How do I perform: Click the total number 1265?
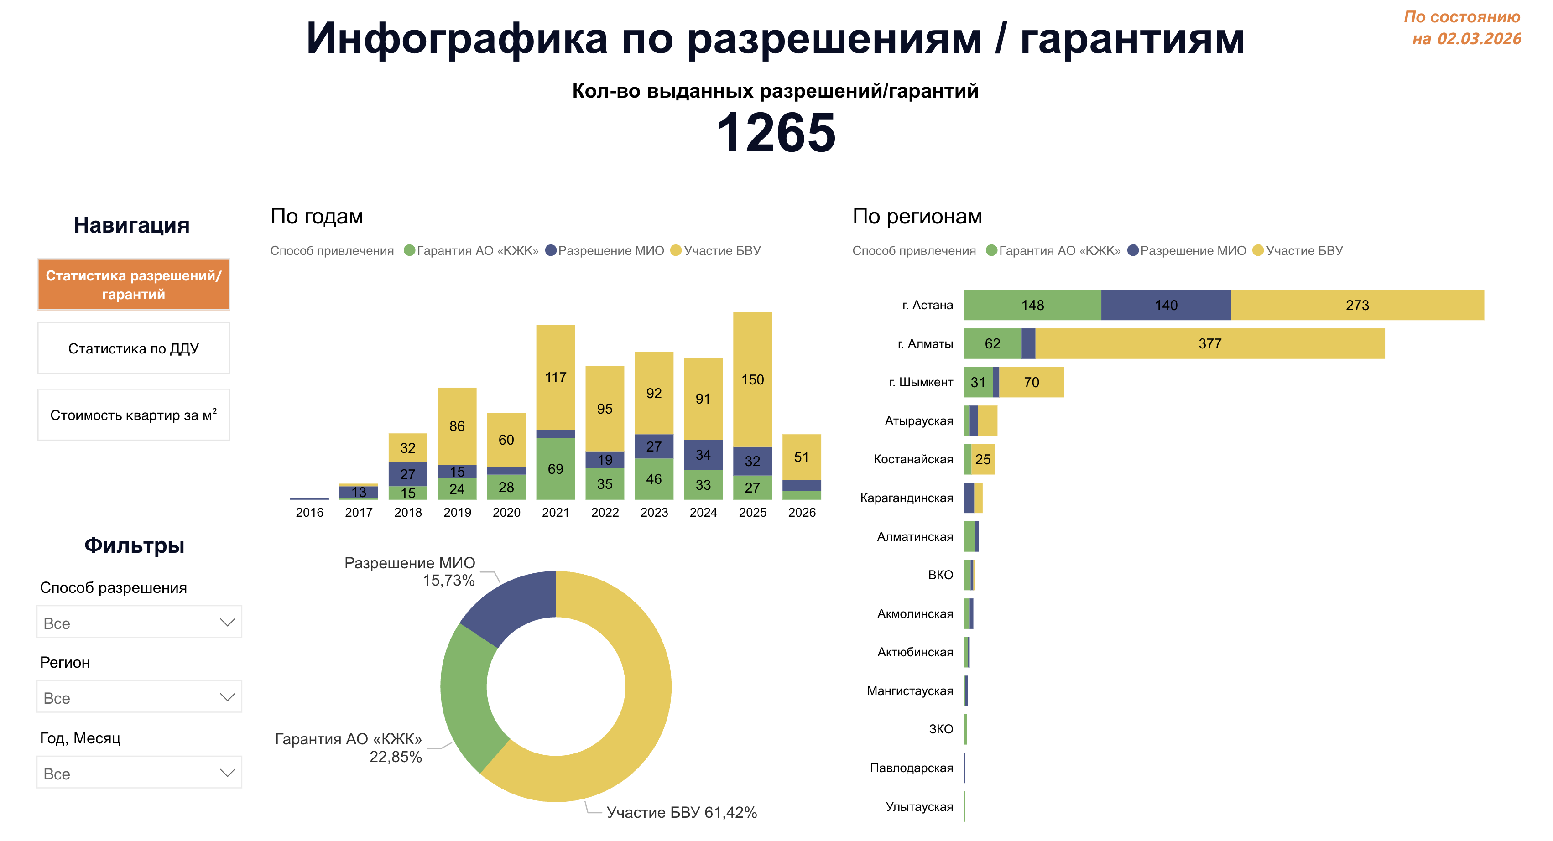point(776,133)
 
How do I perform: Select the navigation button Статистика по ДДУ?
point(133,348)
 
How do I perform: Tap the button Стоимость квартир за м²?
point(133,415)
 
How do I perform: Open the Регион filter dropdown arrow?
point(227,697)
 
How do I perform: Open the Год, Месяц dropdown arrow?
point(227,773)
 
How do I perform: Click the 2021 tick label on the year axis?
point(555,513)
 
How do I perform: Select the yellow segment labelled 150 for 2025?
point(752,380)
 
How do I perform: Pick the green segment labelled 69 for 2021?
point(555,469)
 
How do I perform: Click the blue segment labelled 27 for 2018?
point(408,474)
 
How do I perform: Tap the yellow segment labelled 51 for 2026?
point(801,457)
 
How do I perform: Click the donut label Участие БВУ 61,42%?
point(681,812)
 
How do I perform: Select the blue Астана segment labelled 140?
point(1166,305)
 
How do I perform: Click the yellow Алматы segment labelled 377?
point(1209,343)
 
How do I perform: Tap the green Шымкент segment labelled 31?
point(978,382)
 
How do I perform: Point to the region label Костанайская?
point(913,459)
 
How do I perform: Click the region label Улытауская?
point(919,807)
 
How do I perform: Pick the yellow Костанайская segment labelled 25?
point(983,459)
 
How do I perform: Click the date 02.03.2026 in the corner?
point(1478,39)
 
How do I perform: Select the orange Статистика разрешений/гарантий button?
point(133,285)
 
